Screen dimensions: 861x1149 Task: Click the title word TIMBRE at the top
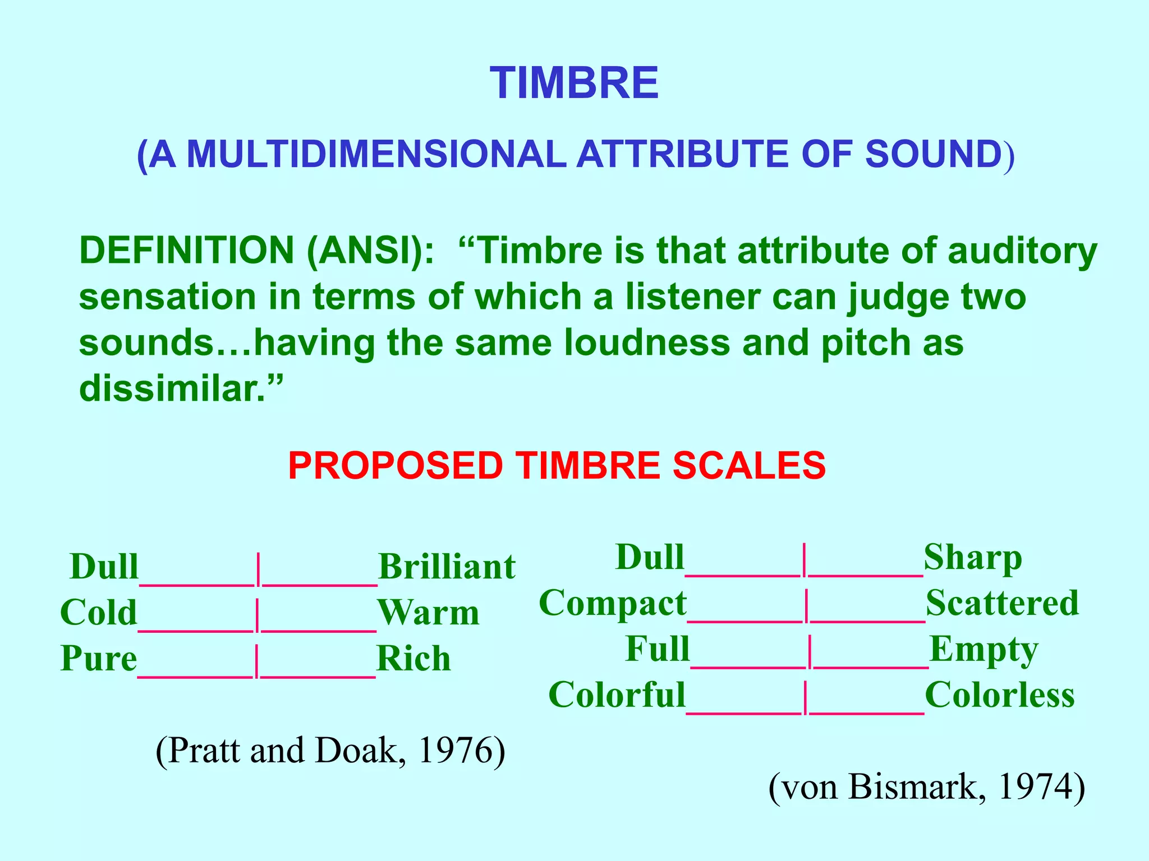[574, 83]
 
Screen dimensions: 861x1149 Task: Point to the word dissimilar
[172, 388]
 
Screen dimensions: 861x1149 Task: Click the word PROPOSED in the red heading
[395, 466]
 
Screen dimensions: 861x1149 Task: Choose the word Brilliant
[447, 567]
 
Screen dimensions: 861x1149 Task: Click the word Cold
[99, 612]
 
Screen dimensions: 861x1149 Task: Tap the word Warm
[429, 613]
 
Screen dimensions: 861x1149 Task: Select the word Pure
[99, 658]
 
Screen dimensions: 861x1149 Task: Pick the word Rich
[413, 659]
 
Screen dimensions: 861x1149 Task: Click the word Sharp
[973, 558]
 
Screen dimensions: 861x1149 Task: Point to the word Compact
[613, 604]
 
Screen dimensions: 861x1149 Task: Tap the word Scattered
[1002, 604]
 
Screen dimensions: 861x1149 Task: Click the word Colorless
[1000, 696]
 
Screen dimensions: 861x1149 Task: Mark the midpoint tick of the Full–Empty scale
[810, 651]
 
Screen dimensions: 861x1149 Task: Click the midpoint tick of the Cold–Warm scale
[258, 615]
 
